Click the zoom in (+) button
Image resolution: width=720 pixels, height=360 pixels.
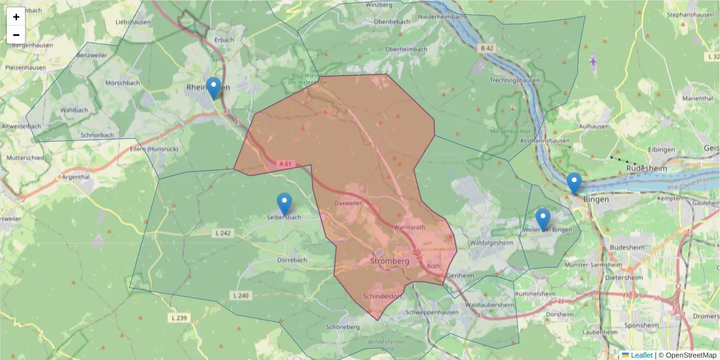click(16, 17)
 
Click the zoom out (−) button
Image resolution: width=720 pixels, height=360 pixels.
click(16, 35)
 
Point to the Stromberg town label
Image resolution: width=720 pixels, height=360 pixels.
click(389, 261)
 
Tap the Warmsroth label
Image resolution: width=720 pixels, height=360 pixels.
click(410, 227)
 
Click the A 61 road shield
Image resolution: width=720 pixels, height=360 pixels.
click(286, 163)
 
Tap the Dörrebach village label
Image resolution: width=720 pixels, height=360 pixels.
click(292, 260)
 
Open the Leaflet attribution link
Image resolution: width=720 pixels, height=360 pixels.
click(641, 355)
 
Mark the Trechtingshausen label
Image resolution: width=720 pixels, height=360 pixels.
click(514, 80)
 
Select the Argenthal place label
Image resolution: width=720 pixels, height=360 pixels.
click(75, 177)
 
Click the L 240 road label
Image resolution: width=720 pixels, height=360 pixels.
click(240, 295)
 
